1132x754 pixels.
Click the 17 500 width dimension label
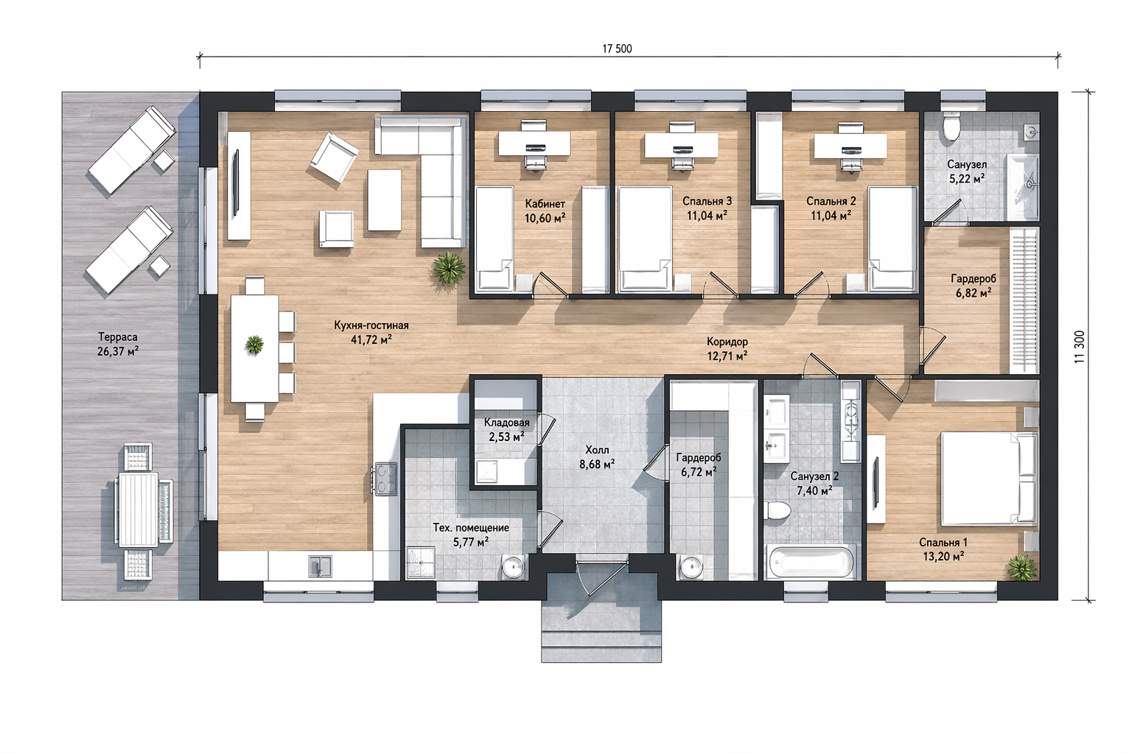click(x=617, y=49)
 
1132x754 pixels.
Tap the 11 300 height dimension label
click(x=1080, y=347)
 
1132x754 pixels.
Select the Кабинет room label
click(x=545, y=204)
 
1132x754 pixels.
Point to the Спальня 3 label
click(x=707, y=201)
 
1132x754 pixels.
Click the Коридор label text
click(x=727, y=342)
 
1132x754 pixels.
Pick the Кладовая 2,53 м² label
click(x=506, y=430)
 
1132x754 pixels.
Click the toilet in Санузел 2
click(x=777, y=510)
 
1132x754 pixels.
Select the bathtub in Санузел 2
click(x=811, y=562)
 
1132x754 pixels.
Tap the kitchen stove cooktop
click(x=385, y=479)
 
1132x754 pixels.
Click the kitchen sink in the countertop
click(x=321, y=565)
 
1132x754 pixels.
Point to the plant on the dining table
click(x=255, y=345)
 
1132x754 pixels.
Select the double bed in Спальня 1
click(x=989, y=479)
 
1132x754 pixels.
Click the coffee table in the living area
click(x=385, y=200)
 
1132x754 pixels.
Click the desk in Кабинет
click(x=534, y=143)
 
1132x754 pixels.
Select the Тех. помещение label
click(x=471, y=528)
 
